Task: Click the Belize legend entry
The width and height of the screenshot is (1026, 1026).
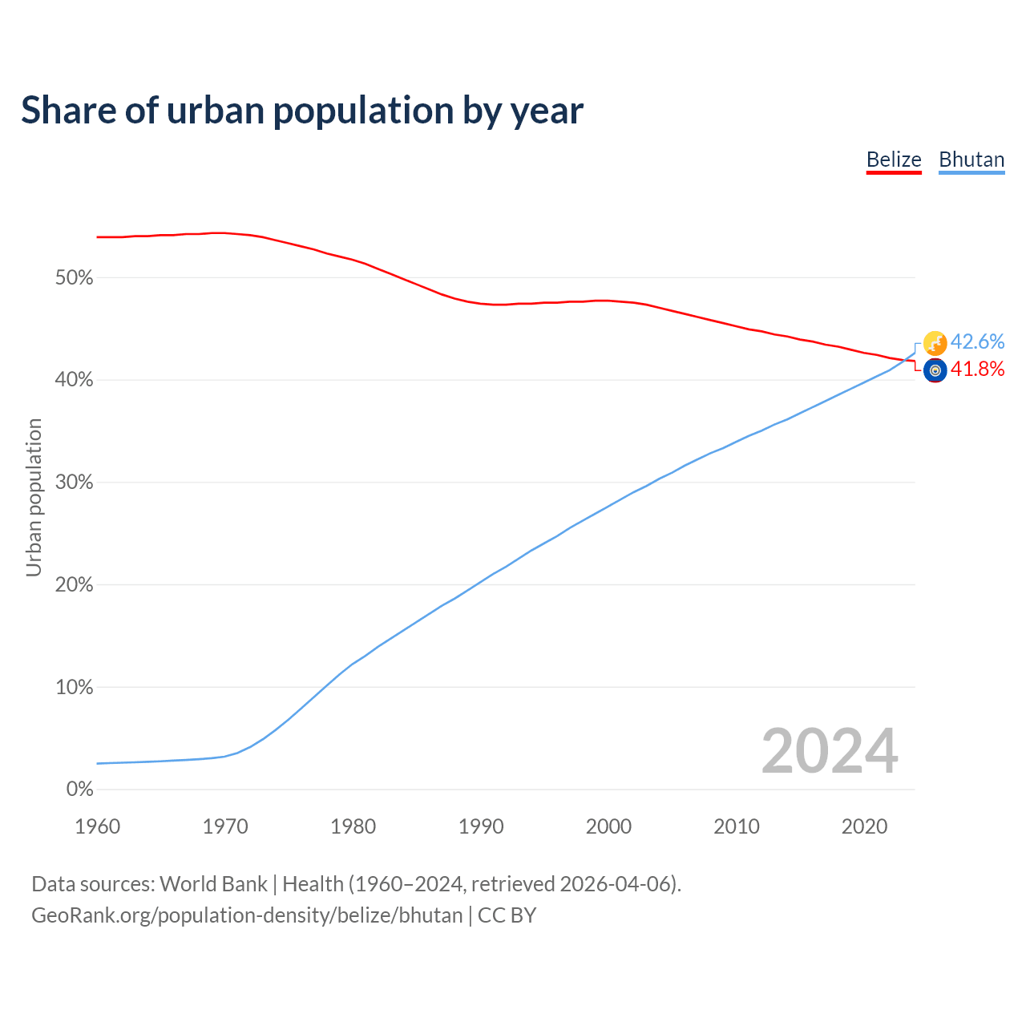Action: coord(894,160)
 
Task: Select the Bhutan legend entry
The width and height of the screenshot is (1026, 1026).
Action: coord(971,160)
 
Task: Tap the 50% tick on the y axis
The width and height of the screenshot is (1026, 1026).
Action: coord(75,278)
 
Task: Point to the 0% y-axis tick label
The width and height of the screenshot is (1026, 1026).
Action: coord(80,790)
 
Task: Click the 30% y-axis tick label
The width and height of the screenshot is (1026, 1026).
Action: coord(75,483)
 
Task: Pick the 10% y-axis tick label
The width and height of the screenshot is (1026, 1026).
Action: coord(75,688)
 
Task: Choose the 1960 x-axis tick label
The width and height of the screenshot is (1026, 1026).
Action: coord(98,826)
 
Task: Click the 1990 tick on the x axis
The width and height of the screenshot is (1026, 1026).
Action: coord(481,826)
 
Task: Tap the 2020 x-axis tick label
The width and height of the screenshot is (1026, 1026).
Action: coord(864,826)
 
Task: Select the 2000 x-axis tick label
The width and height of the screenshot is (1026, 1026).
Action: coord(608,826)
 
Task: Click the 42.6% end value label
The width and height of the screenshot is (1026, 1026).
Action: coord(977,341)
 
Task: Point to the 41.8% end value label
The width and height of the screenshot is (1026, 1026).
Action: coord(977,369)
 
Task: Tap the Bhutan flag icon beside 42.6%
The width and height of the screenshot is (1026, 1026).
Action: coord(935,343)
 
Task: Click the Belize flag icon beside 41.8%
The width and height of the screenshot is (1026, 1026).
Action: coord(935,370)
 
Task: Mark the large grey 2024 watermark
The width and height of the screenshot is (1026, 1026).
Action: coord(830,751)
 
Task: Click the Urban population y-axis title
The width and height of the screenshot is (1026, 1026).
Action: coord(34,497)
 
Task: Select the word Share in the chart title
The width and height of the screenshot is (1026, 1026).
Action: coord(68,111)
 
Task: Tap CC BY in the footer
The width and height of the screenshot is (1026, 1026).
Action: coord(507,915)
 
